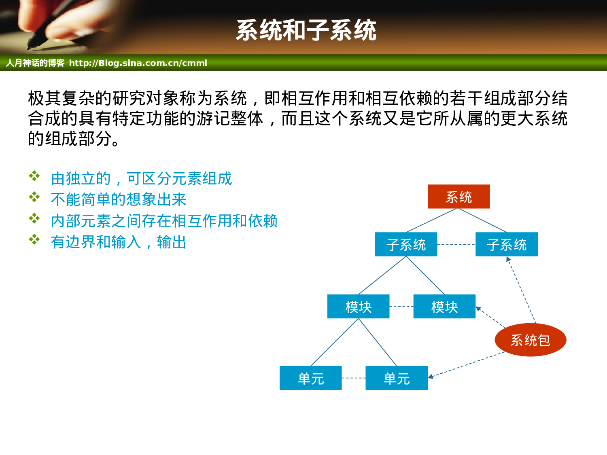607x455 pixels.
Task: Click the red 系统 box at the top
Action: pos(458,197)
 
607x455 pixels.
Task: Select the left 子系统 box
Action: pos(406,244)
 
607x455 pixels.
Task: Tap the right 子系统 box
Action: pos(506,244)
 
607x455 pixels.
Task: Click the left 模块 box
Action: pos(358,307)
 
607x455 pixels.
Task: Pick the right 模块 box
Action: pos(444,307)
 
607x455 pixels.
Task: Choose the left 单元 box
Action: pos(310,378)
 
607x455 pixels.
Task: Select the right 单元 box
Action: pos(396,378)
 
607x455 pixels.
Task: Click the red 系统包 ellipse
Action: pos(530,340)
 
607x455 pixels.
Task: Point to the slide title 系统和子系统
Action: pos(306,30)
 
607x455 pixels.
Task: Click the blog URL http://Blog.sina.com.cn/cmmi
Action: pos(138,63)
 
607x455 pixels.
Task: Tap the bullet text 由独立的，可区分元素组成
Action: pos(141,178)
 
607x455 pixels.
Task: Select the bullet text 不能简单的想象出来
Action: pos(119,199)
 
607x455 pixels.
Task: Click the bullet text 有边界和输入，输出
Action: pos(119,242)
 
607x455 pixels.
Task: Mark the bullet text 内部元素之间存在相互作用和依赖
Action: pos(164,221)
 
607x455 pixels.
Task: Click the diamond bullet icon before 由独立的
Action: pos(34,176)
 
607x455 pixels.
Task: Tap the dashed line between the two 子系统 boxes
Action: pos(456,244)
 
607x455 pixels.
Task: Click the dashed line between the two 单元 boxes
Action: pos(353,378)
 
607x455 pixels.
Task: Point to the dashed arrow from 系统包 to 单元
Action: pos(465,365)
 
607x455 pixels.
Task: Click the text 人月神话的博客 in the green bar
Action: pos(35,63)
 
